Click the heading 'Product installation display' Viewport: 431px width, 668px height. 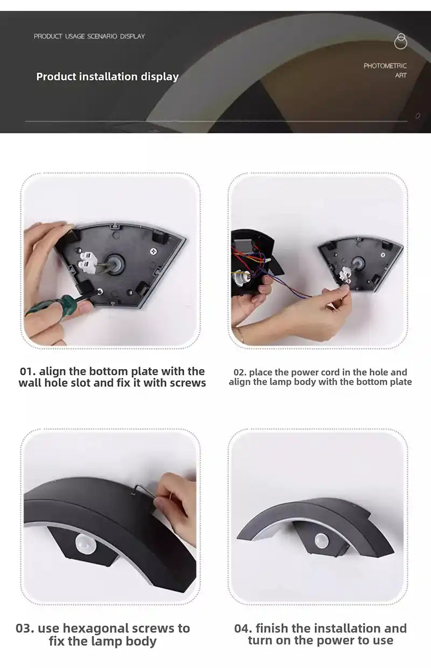(107, 77)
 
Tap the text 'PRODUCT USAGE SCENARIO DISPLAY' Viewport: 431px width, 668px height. (89, 36)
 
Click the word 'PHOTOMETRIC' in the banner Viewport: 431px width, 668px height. (385, 66)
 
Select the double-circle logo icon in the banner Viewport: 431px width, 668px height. (401, 41)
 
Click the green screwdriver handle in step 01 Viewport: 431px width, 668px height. (47, 306)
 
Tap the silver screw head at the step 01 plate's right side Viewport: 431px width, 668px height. (154, 251)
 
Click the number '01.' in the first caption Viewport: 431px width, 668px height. (27, 371)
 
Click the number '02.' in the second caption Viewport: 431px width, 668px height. (240, 372)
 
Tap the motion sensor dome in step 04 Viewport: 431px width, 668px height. (322, 540)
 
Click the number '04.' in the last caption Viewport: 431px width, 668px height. (244, 628)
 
